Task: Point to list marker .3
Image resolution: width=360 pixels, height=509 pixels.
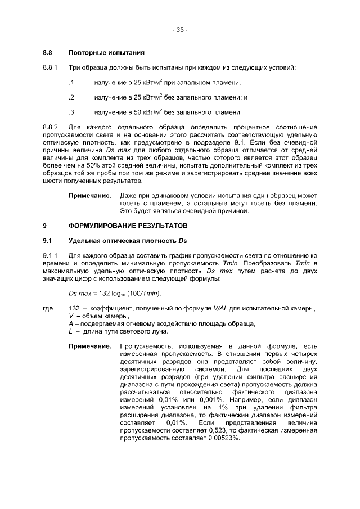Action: [x=71, y=112]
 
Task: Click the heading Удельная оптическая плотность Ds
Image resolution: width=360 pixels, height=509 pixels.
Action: [x=127, y=241]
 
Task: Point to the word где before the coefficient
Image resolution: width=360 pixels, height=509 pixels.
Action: [x=48, y=308]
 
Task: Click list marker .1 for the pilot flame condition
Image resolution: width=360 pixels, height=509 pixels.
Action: [x=71, y=83]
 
